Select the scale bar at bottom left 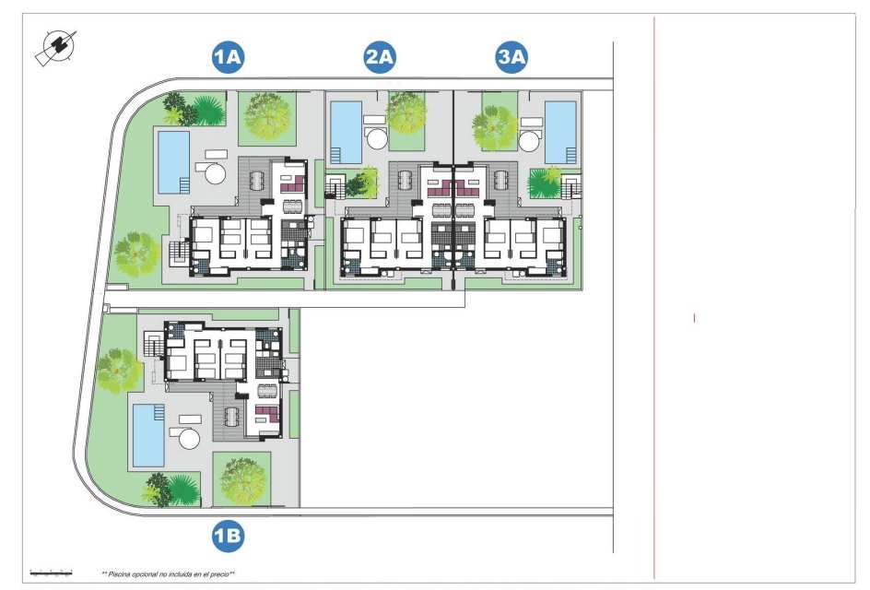point(52,571)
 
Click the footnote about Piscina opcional point(168,573)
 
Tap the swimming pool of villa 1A point(173,161)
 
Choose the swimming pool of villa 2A point(346,130)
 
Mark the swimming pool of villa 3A point(560,130)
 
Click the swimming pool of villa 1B point(147,434)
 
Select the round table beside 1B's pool point(190,437)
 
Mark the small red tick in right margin point(694,318)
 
